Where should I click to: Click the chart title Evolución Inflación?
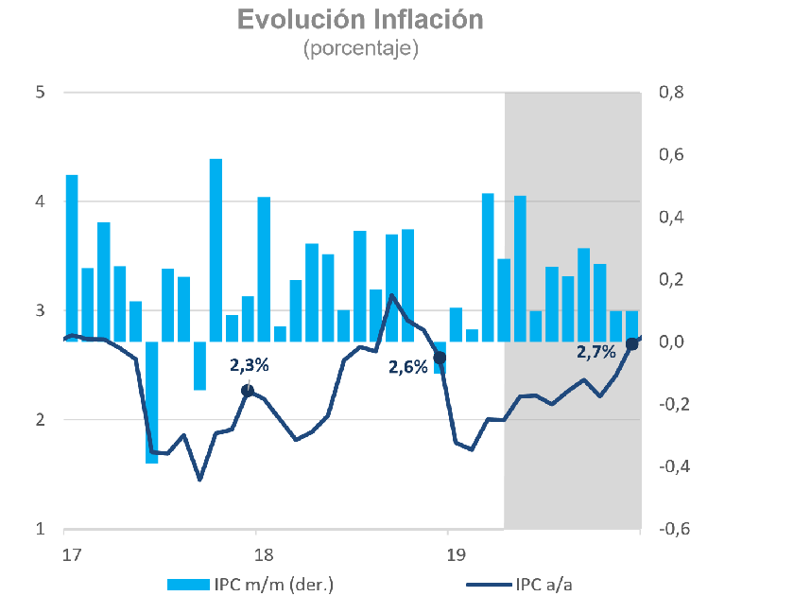(361, 20)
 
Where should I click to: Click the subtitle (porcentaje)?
(361, 48)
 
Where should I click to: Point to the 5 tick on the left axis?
(42, 93)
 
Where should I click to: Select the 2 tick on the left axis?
(42, 420)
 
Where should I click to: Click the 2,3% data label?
(250, 364)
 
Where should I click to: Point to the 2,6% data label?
(408, 366)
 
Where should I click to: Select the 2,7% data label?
(596, 352)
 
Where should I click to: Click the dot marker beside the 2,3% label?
(248, 391)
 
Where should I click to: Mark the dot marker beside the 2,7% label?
(632, 343)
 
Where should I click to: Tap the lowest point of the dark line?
(199, 480)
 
